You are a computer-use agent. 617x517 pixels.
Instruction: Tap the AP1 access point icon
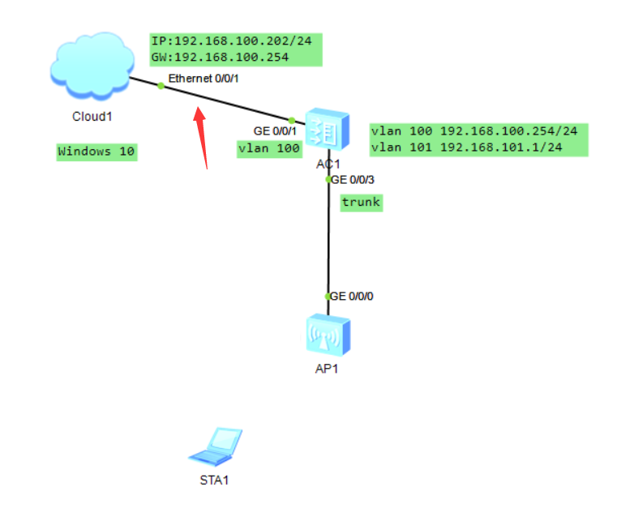(328, 335)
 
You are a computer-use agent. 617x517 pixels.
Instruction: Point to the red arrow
(201, 134)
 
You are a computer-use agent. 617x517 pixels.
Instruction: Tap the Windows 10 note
(96, 152)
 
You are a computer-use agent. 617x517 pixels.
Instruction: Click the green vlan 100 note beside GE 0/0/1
(269, 147)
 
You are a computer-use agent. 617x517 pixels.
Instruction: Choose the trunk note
(361, 202)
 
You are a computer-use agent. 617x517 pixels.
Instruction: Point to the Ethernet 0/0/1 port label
(204, 79)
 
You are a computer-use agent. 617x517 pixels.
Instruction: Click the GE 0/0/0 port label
(353, 296)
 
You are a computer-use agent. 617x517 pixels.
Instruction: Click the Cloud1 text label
(92, 117)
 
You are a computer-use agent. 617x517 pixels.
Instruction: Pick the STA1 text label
(214, 479)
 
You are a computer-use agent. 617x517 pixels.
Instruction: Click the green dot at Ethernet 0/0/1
(161, 86)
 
